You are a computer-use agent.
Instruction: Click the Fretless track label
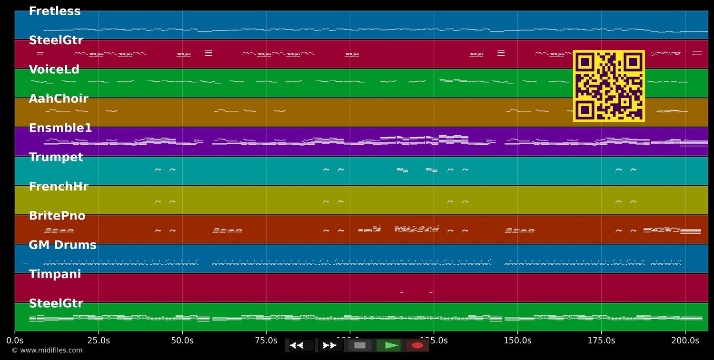click(55, 11)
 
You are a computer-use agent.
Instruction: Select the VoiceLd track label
click(54, 70)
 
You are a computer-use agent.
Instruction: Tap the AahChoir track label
click(59, 99)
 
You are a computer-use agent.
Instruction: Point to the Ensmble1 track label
click(60, 129)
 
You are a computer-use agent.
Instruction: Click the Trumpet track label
click(56, 158)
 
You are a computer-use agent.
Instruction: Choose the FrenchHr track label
click(59, 187)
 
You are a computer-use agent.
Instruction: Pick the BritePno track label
click(57, 216)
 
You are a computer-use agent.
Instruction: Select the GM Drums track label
click(62, 245)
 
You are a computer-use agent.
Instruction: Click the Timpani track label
click(55, 275)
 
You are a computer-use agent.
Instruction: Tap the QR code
click(609, 86)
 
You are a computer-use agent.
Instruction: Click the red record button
click(417, 345)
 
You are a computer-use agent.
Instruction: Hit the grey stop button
click(360, 345)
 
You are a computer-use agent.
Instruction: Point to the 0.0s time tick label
click(15, 341)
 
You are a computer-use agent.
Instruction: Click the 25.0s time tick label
click(99, 341)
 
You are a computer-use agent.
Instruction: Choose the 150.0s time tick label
click(517, 341)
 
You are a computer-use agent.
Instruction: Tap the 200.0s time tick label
click(685, 341)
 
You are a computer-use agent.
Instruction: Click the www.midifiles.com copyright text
click(47, 350)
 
